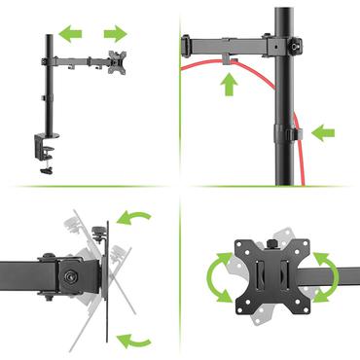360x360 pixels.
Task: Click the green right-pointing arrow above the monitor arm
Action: pos(115,35)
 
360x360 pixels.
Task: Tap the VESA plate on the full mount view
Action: pos(119,60)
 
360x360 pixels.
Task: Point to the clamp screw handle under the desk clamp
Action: pos(46,171)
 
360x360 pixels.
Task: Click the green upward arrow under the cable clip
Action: pos(229,85)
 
